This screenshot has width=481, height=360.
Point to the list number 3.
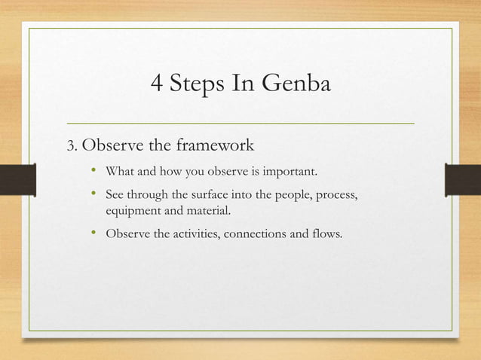point(72,145)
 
